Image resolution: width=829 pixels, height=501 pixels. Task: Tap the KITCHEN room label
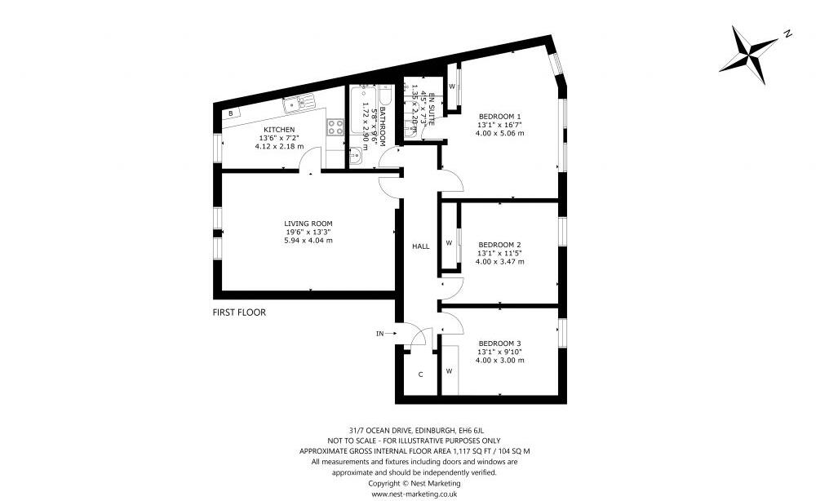coord(279,130)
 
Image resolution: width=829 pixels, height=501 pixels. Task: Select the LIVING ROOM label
coord(308,223)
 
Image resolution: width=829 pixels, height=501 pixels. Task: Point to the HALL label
coord(421,246)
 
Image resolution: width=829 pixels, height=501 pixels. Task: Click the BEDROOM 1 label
coord(499,116)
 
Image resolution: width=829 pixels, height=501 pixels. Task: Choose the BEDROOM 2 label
coord(499,244)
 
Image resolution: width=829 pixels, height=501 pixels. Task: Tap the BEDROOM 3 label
coord(499,343)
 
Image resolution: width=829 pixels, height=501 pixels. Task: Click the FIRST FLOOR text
coord(239,312)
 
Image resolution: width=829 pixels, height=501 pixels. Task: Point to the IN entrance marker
coord(379,334)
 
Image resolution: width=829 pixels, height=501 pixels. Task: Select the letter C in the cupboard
coord(420,375)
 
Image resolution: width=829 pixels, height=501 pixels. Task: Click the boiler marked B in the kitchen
coord(231,113)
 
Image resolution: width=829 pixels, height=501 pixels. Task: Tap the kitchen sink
coord(299,102)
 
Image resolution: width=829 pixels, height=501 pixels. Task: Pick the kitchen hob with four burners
coord(335,127)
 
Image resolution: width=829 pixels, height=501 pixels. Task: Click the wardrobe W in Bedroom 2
coord(449,242)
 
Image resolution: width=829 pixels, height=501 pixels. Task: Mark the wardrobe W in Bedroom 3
coord(449,370)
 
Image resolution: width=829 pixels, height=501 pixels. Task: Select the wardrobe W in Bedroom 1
coord(451,86)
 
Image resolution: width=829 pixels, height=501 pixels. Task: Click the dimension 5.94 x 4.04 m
coord(308,241)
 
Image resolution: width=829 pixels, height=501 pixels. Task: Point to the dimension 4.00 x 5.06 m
coord(499,133)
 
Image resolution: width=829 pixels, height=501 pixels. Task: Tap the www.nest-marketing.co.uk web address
coord(414,494)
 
